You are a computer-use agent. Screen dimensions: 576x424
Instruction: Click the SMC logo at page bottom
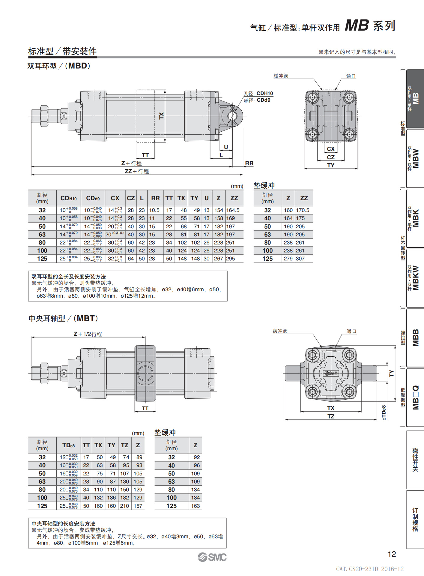click(212, 557)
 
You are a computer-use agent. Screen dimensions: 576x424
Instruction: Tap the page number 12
click(392, 554)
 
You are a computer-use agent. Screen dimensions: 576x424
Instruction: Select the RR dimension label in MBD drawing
click(249, 163)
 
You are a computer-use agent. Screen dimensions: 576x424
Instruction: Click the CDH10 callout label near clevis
click(264, 93)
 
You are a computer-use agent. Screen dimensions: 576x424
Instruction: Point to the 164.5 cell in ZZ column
click(233, 210)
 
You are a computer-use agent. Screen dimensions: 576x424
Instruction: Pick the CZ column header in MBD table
click(131, 198)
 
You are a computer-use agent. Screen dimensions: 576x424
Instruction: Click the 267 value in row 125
click(218, 259)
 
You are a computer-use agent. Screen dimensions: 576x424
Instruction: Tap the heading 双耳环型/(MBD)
click(59, 66)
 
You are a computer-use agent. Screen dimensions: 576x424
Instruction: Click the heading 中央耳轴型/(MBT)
click(63, 318)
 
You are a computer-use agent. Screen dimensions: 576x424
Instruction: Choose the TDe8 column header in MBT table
click(69, 445)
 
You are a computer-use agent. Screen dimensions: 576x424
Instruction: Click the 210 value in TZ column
click(124, 506)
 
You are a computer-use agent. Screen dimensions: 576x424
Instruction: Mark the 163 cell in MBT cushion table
click(196, 506)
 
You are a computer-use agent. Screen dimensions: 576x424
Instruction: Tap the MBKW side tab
click(415, 278)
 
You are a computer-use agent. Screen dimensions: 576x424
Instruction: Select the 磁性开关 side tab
click(415, 460)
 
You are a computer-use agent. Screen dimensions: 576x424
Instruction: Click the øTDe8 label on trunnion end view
click(384, 412)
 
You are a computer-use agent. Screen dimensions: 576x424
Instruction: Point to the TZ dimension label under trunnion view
click(331, 416)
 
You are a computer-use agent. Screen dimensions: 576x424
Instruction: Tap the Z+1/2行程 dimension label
click(88, 334)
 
